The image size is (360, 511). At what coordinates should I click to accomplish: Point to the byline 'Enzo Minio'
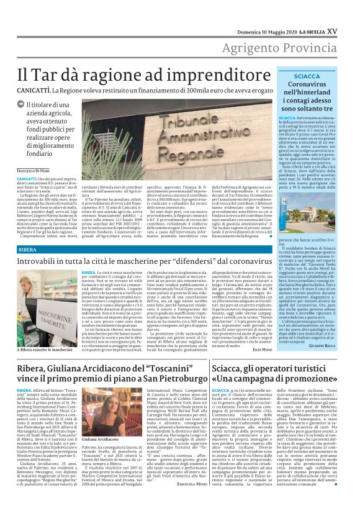tap(253, 350)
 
